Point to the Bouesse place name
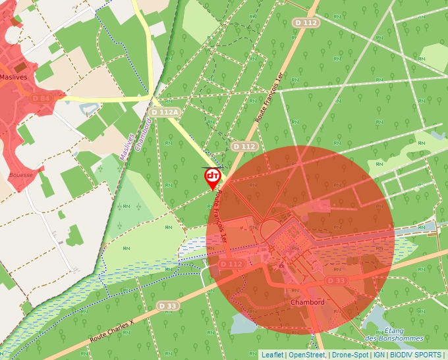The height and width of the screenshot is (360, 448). point(22,175)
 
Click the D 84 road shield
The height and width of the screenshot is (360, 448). point(41,98)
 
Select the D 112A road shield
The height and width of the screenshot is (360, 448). point(163,113)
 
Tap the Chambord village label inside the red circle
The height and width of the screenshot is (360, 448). point(307,302)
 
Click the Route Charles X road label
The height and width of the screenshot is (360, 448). point(111,331)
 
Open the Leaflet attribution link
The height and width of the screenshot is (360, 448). point(272,355)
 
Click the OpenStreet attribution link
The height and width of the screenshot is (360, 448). point(306,355)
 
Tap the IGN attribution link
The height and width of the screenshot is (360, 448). point(379,355)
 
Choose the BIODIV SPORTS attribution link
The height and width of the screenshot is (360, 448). point(416,355)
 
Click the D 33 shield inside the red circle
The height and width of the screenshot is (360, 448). point(337,281)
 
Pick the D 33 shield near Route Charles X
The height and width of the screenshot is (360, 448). point(168,306)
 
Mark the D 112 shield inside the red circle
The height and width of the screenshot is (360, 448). point(232,264)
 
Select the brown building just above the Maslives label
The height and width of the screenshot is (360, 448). point(20,67)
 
